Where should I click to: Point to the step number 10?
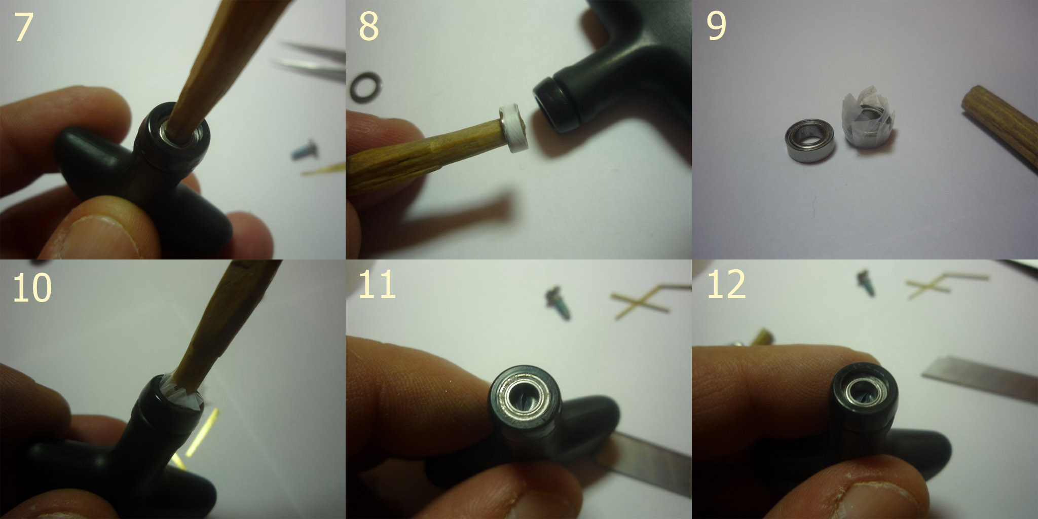[32, 287]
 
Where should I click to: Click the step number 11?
[377, 285]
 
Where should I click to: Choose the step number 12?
[726, 285]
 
